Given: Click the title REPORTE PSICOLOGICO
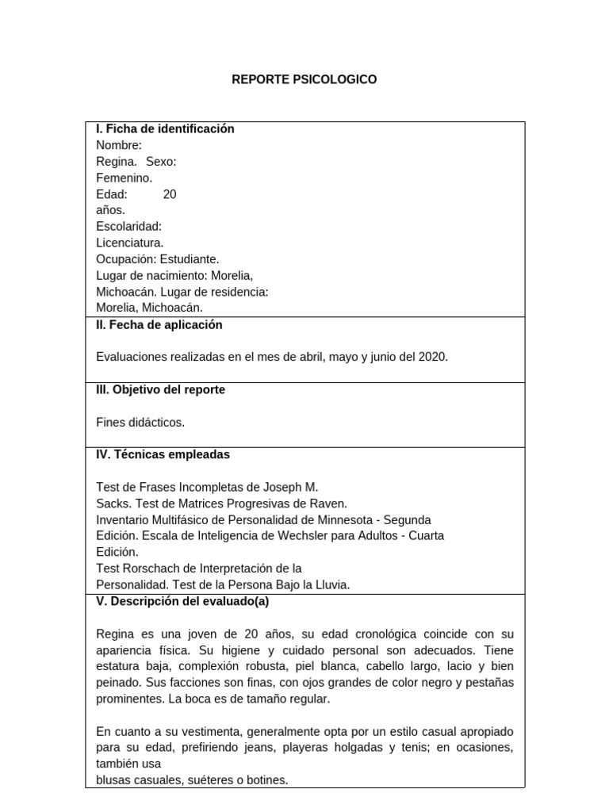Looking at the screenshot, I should point(304,80).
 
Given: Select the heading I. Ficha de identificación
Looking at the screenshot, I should point(165,129).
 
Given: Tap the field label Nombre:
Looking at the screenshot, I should point(119,145).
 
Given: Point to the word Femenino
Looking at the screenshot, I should point(124,178).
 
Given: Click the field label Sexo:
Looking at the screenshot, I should point(161,162).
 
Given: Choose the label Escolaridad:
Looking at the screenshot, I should point(129,227).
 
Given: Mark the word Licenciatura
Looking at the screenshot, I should point(130,243).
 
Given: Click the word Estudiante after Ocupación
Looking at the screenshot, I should point(190,259).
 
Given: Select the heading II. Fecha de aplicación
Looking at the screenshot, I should point(159,325).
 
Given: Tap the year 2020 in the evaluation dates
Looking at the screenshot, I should point(433,358).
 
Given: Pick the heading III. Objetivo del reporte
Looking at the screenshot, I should point(161,390).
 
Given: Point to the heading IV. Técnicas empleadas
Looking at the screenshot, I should point(163,455).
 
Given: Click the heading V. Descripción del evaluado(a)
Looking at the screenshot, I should point(182,601).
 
